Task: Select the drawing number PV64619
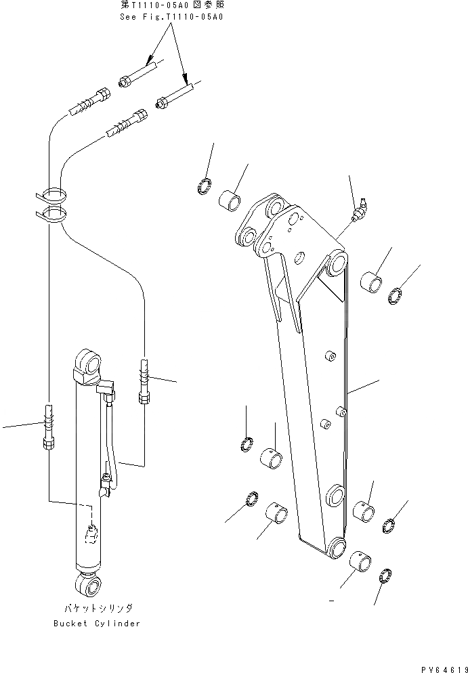coord(441,668)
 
